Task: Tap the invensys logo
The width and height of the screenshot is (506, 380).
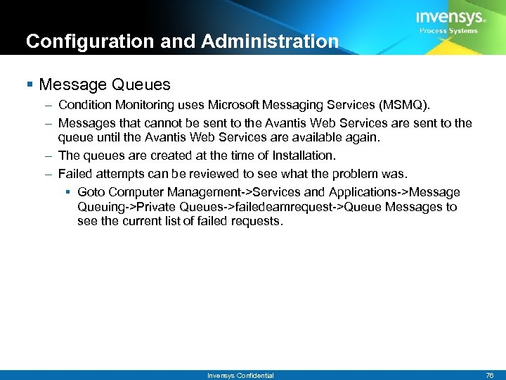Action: pos(450,18)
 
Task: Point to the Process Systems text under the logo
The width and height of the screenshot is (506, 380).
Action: pos(448,31)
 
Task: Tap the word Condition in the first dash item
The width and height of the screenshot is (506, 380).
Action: pos(84,106)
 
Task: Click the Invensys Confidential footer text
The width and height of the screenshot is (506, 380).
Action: pos(240,375)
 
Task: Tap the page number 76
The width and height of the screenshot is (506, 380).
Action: pos(490,375)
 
